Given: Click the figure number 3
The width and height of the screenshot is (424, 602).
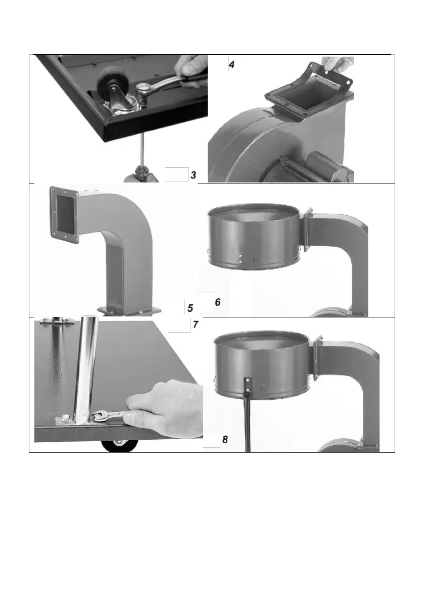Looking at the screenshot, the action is coord(193,175).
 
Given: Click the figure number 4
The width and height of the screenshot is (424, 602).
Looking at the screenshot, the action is coord(231,65).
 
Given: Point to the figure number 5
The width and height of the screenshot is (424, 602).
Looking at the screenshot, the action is coord(191,308).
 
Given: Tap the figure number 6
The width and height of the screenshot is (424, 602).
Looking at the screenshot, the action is coord(218,302).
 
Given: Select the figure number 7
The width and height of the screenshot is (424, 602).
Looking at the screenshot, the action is coord(195,325).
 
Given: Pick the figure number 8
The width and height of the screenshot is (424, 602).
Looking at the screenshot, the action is coord(225,439).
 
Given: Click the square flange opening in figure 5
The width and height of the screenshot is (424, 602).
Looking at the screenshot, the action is coord(65,213).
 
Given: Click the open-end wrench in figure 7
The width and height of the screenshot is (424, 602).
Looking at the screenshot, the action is coord(111,415).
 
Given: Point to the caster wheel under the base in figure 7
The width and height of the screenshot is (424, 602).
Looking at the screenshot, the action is coord(120,446).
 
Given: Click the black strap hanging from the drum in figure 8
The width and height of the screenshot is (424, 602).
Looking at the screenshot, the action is coord(247,414).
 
